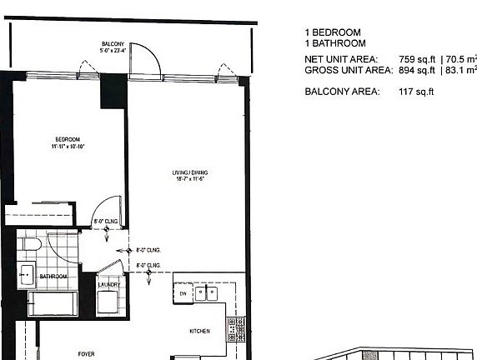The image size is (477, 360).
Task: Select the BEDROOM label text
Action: (68, 138)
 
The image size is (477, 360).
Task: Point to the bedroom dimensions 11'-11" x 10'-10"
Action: (68, 146)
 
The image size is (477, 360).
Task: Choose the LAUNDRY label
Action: (109, 284)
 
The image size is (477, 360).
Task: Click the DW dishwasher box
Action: (183, 293)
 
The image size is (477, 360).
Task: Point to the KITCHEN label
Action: (199, 331)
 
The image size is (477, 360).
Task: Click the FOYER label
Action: (86, 354)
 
